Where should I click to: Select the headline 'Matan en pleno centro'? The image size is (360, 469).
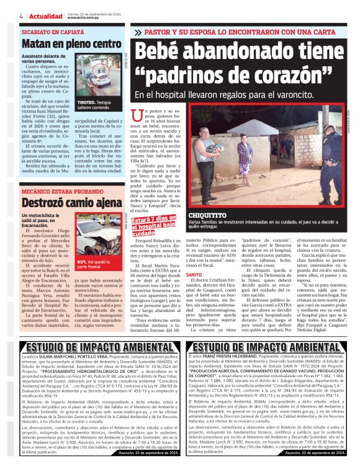pos(71,45)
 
